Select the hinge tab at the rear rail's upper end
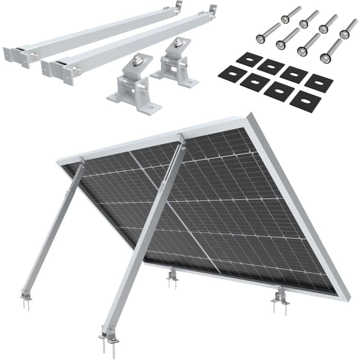[x=179, y=5]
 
